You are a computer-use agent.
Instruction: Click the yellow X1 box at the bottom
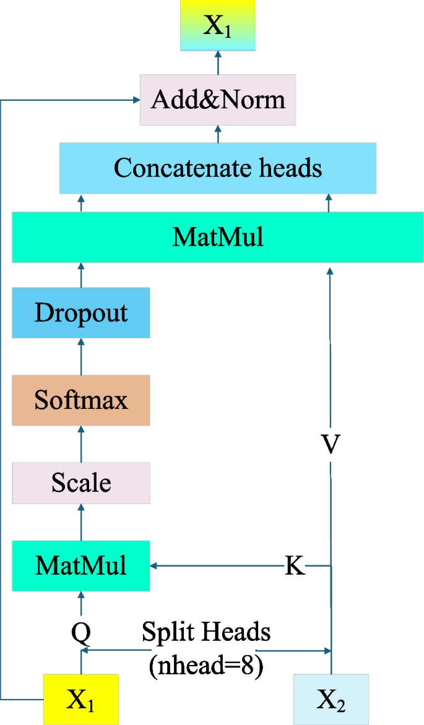pyautogui.click(x=80, y=699)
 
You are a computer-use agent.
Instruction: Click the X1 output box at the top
pyautogui.click(x=217, y=25)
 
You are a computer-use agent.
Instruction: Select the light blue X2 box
pyautogui.click(x=331, y=699)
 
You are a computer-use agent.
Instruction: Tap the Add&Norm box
pyautogui.click(x=218, y=100)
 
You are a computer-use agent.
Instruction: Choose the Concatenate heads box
pyautogui.click(x=218, y=168)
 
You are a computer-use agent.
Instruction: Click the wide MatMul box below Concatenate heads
pyautogui.click(x=218, y=237)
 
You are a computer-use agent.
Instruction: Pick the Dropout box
pyautogui.click(x=80, y=312)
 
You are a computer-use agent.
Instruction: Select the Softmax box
pyautogui.click(x=80, y=400)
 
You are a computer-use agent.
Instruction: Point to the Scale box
pyautogui.click(x=80, y=483)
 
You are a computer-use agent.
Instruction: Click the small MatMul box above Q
pyautogui.click(x=80, y=565)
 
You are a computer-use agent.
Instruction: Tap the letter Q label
pyautogui.click(x=81, y=632)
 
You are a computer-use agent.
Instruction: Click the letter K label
pyautogui.click(x=295, y=565)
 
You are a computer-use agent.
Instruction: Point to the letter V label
pyautogui.click(x=331, y=445)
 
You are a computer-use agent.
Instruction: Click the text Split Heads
pyautogui.click(x=206, y=632)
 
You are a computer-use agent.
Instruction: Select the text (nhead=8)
pyautogui.click(x=206, y=667)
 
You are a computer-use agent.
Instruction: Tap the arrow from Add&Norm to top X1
pyautogui.click(x=218, y=62)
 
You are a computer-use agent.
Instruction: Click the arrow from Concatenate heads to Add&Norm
pyautogui.click(x=218, y=133)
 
